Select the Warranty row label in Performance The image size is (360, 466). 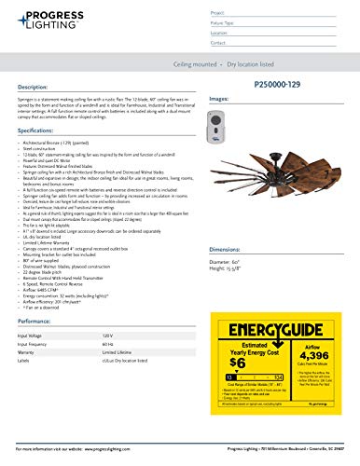(x=32, y=353)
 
